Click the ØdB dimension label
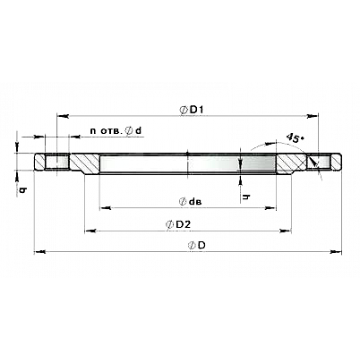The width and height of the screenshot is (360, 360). [x=192, y=201]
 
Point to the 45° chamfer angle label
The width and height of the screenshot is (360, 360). [x=293, y=136]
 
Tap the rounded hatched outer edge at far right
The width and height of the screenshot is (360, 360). [x=336, y=162]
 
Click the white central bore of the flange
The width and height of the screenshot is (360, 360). [x=187, y=164]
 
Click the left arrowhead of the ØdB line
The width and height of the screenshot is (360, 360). [x=104, y=205]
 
